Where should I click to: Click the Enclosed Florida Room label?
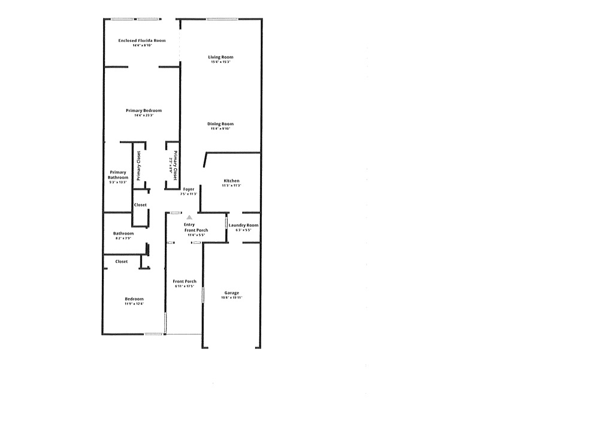(141, 41)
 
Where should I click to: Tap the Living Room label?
(221, 57)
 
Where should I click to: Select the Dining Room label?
(221, 124)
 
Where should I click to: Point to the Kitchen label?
(231, 181)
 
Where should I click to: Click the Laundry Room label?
(243, 225)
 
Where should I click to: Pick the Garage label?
(231, 293)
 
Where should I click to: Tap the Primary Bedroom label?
(144, 111)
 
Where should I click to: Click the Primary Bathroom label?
(118, 175)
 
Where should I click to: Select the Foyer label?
(189, 189)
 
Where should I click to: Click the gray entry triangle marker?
(189, 217)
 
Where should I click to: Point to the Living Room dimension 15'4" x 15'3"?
(221, 62)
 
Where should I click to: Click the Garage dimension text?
(231, 298)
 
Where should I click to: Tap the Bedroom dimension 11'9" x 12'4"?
(134, 304)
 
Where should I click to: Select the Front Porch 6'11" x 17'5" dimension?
(185, 286)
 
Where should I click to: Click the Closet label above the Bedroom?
(122, 262)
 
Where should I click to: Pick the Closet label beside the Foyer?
(140, 205)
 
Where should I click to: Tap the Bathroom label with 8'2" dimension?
(123, 233)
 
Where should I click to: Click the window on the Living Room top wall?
(223, 19)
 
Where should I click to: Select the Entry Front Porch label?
(196, 227)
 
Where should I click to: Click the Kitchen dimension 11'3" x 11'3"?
(231, 186)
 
